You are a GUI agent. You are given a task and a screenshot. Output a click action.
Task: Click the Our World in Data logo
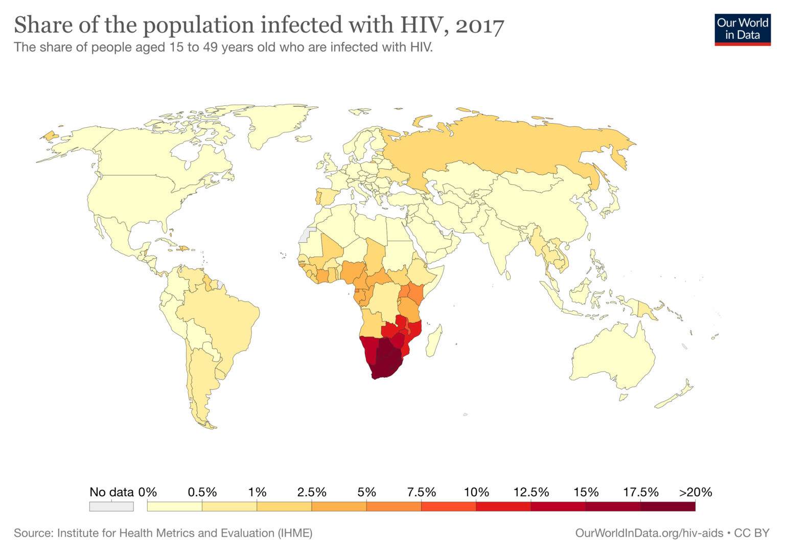(742, 29)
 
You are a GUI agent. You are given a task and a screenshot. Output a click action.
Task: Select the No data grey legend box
(111, 506)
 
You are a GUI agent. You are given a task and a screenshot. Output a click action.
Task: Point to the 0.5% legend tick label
(202, 492)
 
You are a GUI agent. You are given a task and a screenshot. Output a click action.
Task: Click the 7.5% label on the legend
(421, 492)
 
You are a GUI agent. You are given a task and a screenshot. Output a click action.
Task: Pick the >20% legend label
(695, 492)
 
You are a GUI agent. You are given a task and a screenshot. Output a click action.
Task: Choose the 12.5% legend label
(531, 492)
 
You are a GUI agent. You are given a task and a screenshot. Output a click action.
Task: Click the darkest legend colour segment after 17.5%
(667, 506)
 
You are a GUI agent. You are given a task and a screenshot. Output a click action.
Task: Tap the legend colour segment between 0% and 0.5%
(174, 506)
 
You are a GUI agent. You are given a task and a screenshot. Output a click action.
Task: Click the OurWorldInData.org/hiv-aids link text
(649, 533)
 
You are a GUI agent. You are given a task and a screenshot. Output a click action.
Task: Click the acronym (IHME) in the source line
(295, 533)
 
